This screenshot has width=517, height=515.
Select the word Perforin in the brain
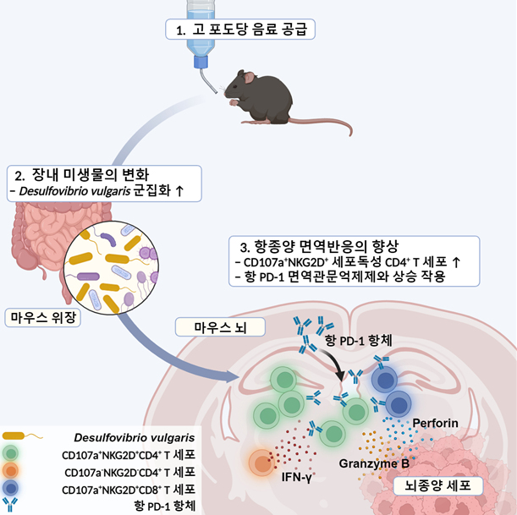pos(437,421)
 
